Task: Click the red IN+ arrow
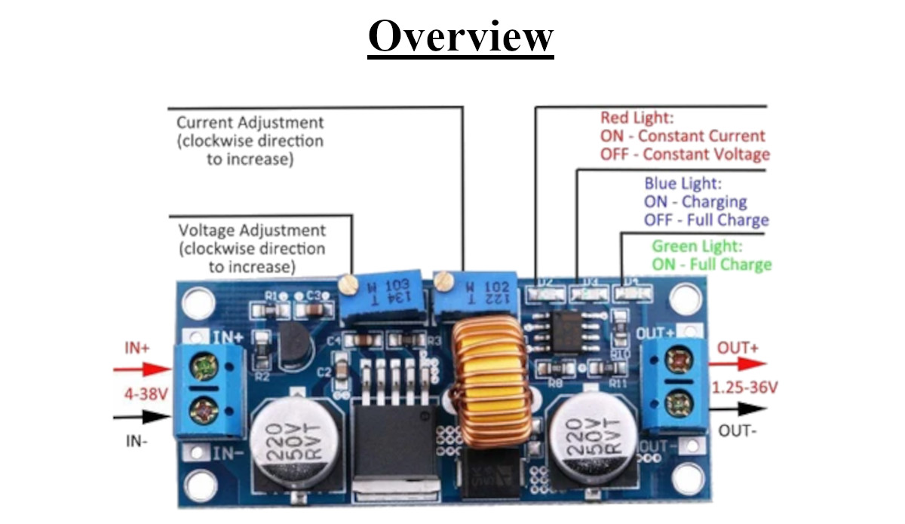coord(143,369)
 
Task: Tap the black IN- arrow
coord(143,416)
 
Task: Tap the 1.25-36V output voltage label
coord(745,387)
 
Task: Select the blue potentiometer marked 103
coord(384,296)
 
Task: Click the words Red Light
coord(636,118)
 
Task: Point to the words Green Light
coord(697,247)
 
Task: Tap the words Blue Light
coord(683,183)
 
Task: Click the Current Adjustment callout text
coord(249,122)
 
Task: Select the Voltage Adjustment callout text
coord(252,230)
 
